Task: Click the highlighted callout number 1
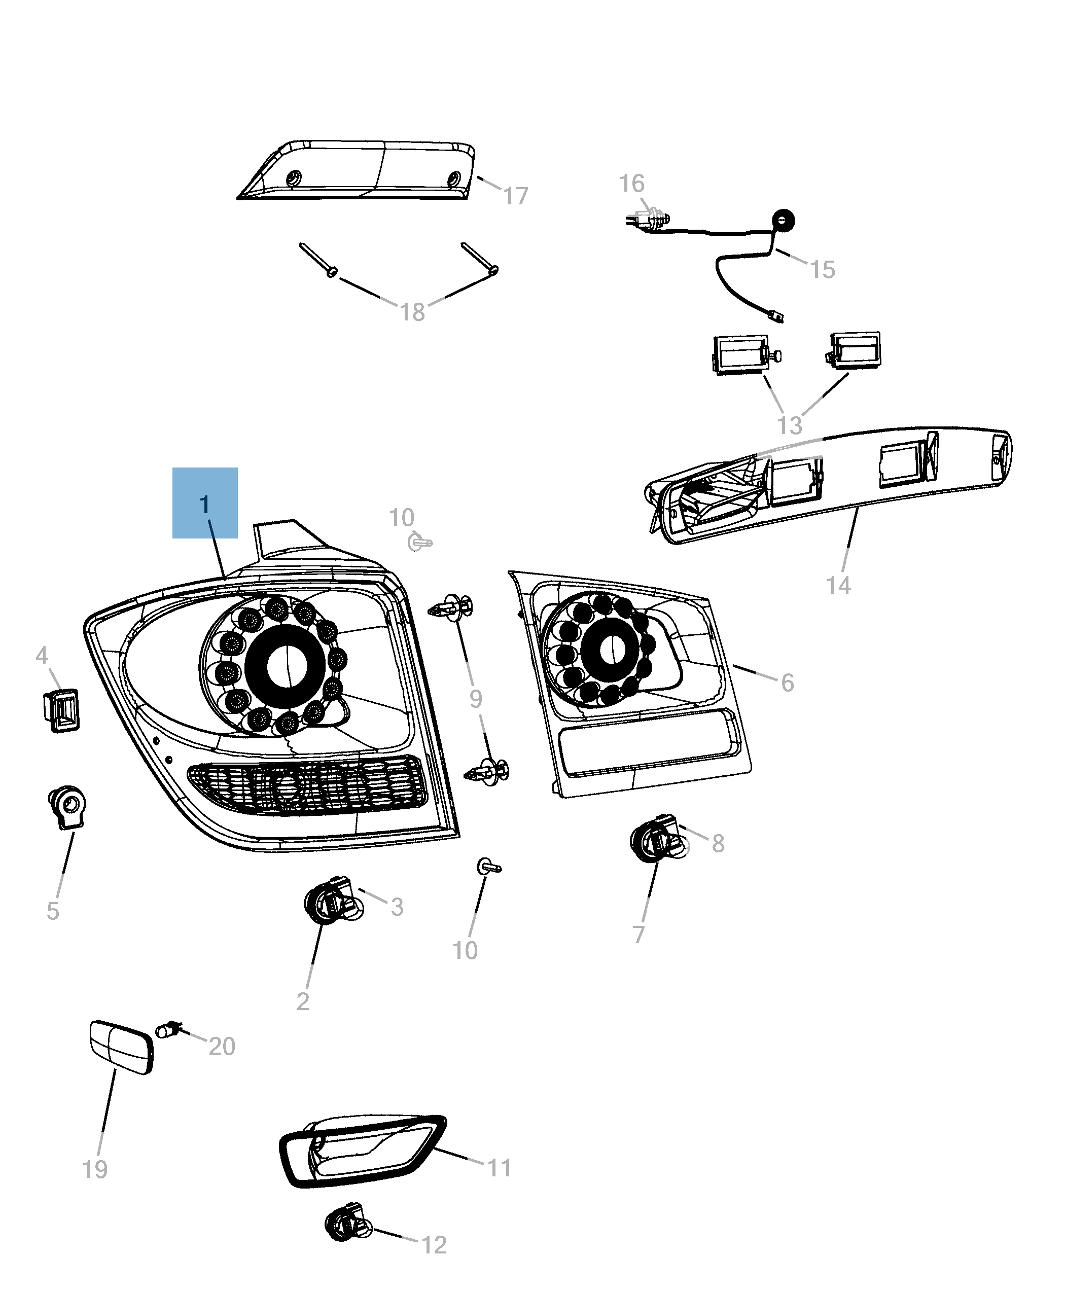click(205, 504)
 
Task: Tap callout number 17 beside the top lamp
click(515, 196)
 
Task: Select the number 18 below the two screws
click(412, 312)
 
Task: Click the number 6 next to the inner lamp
click(787, 683)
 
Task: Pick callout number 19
click(95, 1169)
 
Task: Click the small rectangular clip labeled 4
click(61, 710)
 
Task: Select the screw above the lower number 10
click(488, 867)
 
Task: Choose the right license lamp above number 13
click(855, 351)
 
